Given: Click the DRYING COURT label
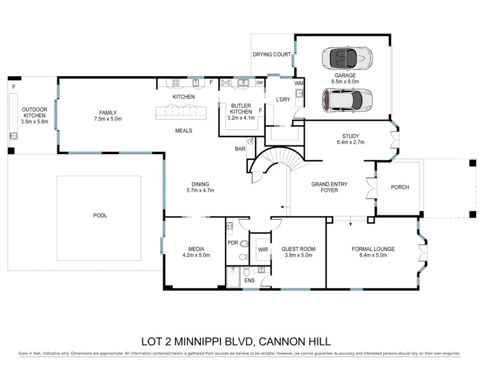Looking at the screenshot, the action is (x=272, y=55).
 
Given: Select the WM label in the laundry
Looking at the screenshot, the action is (x=299, y=83).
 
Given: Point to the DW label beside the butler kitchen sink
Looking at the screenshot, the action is (x=259, y=83).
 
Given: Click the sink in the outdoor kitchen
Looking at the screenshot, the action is (x=13, y=136).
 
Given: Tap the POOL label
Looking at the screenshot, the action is (x=100, y=215).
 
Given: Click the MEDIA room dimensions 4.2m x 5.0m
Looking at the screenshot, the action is (x=196, y=255).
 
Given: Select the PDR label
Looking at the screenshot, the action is (x=233, y=243).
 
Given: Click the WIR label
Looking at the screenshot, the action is (x=263, y=249).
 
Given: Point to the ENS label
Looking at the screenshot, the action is (x=249, y=280).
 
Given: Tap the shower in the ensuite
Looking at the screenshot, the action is (x=233, y=277).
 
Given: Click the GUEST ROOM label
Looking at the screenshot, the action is (x=298, y=249).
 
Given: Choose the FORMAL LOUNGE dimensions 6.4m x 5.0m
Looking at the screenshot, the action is (x=373, y=255).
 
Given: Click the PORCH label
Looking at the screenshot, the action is (x=400, y=187).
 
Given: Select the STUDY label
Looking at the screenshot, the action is (x=351, y=136).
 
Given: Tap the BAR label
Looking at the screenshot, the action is (x=240, y=149).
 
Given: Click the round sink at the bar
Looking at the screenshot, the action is (x=251, y=141).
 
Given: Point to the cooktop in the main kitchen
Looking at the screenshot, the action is (x=176, y=83).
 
